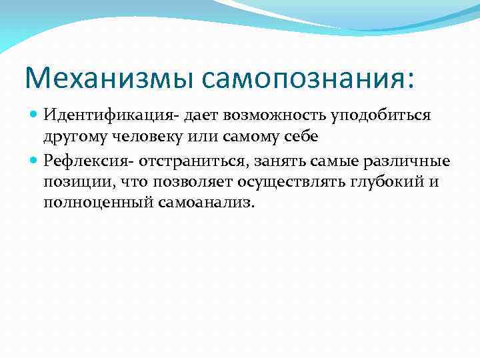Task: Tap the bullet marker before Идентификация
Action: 35,116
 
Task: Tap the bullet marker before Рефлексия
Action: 35,161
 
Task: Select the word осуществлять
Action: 286,183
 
